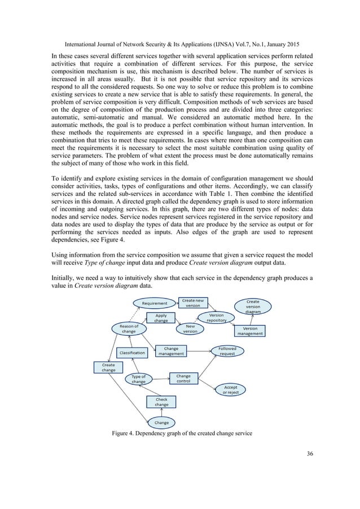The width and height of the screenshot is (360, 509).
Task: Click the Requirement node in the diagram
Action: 154,303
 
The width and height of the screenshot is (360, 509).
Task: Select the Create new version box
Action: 193,302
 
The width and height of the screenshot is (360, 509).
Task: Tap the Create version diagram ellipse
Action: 253,306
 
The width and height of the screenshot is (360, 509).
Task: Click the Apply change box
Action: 161,318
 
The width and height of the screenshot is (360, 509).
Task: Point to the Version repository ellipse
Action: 216,318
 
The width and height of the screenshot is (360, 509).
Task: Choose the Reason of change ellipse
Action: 129,328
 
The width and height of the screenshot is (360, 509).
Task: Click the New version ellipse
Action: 190,328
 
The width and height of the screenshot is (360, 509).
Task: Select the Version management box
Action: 250,331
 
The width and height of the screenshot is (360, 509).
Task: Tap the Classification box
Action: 132,353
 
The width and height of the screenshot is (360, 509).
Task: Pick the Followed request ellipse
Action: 227,351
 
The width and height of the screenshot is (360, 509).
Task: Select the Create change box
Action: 108,367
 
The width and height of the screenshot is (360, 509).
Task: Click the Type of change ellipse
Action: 138,379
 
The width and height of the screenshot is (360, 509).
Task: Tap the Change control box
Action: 183,378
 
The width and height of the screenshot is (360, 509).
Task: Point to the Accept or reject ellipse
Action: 231,390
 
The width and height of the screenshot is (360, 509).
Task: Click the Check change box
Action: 161,401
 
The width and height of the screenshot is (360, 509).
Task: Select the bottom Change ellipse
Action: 161,422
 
